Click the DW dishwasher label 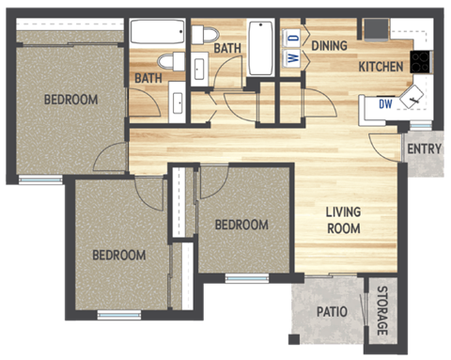pos(385,104)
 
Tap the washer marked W pos(292,58)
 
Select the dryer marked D pos(292,38)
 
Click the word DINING pos(330,43)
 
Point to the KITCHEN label pos(381,67)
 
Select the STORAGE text pos(382,310)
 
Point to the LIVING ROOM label pos(343,219)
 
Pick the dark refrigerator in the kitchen pos(376,29)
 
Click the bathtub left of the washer pos(261,47)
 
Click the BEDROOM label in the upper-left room pos(70,100)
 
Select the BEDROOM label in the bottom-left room pos(118,255)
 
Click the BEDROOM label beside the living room pos(241,225)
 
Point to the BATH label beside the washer pos(228,47)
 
